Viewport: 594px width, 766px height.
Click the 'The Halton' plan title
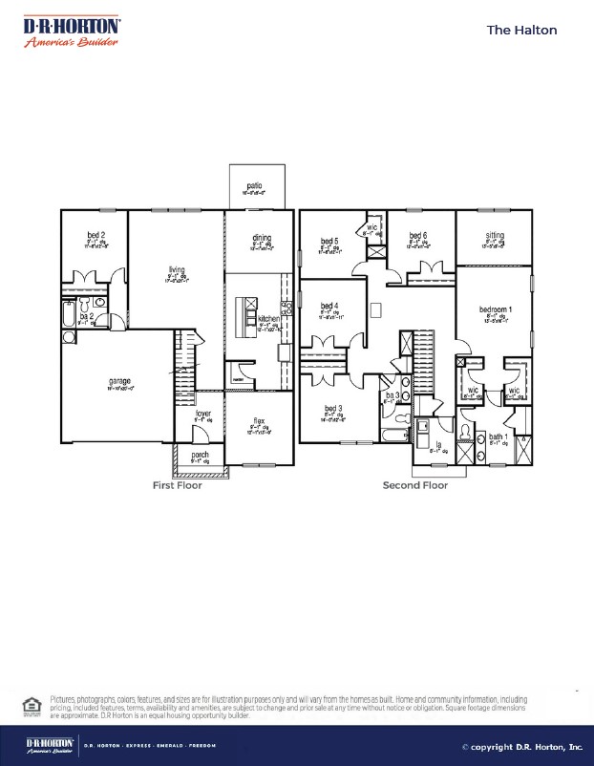[521, 30]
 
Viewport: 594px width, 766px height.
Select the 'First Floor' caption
[178, 485]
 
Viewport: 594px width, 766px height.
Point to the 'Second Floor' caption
[415, 485]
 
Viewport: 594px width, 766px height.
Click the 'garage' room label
[119, 381]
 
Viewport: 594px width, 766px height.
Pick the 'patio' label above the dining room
[255, 186]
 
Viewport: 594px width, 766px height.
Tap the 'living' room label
[176, 270]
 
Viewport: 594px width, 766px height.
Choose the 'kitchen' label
[268, 318]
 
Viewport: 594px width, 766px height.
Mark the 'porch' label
[201, 455]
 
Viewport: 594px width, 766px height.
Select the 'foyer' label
[203, 414]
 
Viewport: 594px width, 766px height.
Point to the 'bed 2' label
[95, 235]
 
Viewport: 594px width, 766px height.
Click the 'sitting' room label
[494, 236]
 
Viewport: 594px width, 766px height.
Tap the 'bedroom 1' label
[497, 310]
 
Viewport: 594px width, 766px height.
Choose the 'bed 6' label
[418, 236]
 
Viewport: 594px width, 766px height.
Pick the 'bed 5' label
[329, 241]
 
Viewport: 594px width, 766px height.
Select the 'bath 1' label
[499, 436]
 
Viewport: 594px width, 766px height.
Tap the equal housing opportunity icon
[30, 706]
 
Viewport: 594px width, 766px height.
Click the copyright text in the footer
[521, 747]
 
